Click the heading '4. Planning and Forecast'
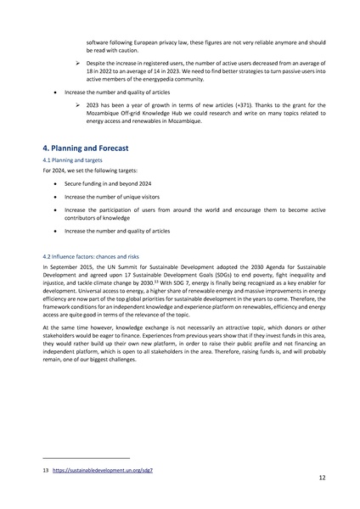click(x=86, y=148)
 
